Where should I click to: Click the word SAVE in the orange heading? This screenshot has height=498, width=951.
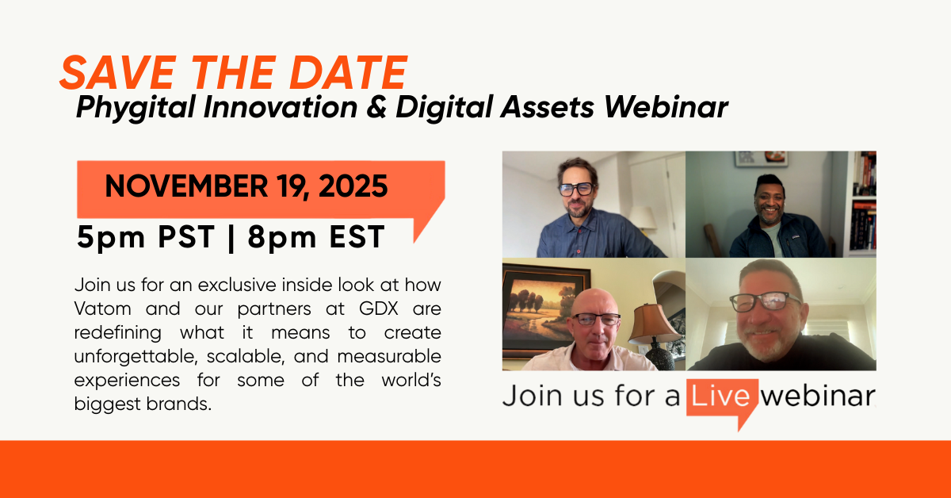point(117,73)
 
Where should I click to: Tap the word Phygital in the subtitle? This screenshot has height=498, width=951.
point(136,107)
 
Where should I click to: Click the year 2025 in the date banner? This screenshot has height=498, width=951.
point(353,186)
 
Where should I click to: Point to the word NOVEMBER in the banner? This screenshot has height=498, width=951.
point(186,186)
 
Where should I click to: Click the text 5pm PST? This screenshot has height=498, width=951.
point(146,237)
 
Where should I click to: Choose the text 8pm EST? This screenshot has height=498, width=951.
point(317,237)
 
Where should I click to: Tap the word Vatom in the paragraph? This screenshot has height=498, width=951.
point(103,309)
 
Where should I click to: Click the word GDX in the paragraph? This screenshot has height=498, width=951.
point(379,309)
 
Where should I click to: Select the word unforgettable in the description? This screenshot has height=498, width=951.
point(136,357)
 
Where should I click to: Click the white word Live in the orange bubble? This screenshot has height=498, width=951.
point(721,396)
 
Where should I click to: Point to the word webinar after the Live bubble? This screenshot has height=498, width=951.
point(818,396)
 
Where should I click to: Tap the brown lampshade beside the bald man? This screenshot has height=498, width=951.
point(654,324)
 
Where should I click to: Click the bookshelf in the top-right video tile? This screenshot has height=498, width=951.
point(862,204)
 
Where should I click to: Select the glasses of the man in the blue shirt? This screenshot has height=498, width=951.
point(576,189)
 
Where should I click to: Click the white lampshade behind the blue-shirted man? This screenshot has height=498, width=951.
point(643,217)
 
